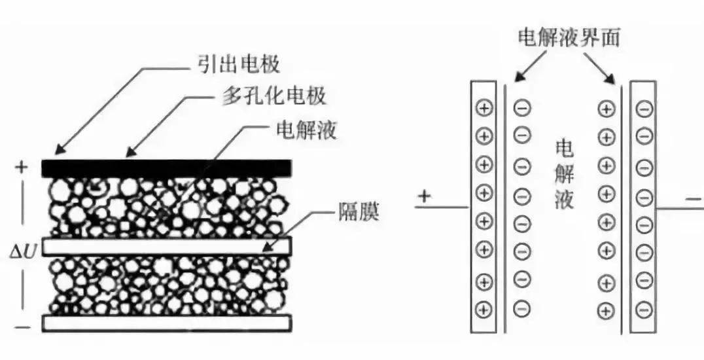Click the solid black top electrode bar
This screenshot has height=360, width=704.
pyautogui.click(x=167, y=168)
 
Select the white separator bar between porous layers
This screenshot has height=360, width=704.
pyautogui.click(x=167, y=245)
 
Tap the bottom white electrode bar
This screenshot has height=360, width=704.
pyautogui.click(x=167, y=322)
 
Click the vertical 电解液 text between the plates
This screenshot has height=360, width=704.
pyautogui.click(x=564, y=173)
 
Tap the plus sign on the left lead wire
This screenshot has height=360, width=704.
pyautogui.click(x=425, y=196)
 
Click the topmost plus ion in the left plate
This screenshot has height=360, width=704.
pyautogui.click(x=484, y=109)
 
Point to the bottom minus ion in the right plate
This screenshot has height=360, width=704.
pyautogui.click(x=644, y=308)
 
